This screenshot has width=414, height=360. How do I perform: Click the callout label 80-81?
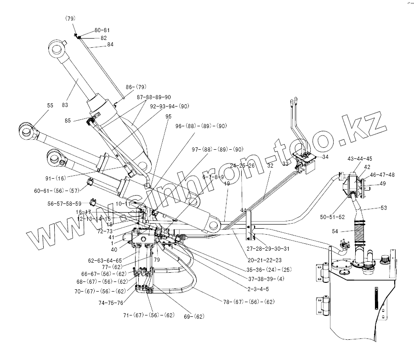[102, 30]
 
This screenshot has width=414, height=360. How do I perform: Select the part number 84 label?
[110, 45]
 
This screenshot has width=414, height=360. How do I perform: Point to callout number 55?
[50, 106]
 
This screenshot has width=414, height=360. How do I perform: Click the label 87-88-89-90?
[154, 97]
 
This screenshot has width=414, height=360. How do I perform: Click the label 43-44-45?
[360, 159]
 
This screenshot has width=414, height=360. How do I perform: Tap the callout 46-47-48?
[382, 175]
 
